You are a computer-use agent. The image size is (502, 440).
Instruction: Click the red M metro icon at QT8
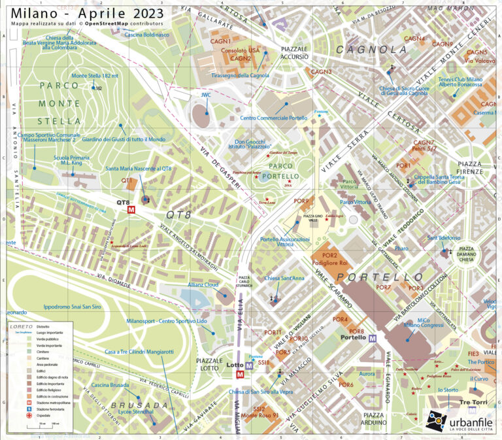pyautogui.click(x=132, y=211)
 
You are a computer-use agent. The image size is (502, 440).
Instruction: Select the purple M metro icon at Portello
pyautogui.click(x=373, y=338)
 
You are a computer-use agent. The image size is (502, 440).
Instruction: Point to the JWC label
pyautogui.click(x=206, y=95)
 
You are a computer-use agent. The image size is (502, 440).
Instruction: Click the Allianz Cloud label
pyautogui.click(x=202, y=286)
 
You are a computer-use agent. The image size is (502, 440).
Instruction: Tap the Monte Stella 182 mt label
pyautogui.click(x=95, y=76)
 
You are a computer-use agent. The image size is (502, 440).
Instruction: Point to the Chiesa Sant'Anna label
pyautogui.click(x=285, y=279)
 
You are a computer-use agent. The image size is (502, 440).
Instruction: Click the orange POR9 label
pyautogui.click(x=301, y=201)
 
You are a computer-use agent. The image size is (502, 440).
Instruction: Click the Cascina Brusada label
pyautogui.click(x=110, y=385)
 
